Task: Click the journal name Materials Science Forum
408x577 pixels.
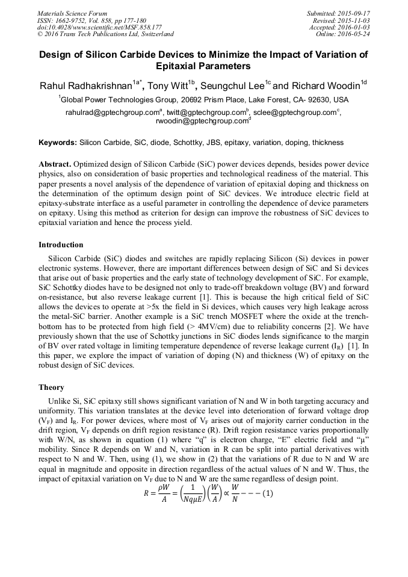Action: click(72, 13)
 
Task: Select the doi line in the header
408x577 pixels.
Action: click(99, 27)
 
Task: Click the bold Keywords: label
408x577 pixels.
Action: click(58, 143)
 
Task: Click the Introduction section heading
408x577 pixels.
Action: click(62, 245)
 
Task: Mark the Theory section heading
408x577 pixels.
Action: click(51, 387)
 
